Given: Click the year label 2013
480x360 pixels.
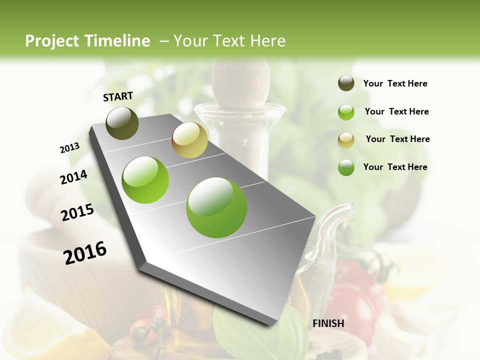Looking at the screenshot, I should pos(69,147).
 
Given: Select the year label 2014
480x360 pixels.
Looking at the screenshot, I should pos(73,177).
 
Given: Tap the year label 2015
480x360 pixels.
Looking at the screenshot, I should pos(77,212).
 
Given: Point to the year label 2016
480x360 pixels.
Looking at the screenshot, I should pos(85,252).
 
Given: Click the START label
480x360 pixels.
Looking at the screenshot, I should pos(118,96).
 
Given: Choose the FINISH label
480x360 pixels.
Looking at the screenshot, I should pos(328,323).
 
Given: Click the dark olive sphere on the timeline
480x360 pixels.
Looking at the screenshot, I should pos(122,123).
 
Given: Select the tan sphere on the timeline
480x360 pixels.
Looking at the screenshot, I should pos(189,140).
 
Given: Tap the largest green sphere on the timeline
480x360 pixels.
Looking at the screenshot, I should pos(216,207).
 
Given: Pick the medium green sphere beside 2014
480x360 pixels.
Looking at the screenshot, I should pos(145,180).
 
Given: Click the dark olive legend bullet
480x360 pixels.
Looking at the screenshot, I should pos(346,83).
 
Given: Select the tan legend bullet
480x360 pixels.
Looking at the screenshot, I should pos(346,139).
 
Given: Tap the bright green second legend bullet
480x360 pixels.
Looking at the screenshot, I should pos(346,112).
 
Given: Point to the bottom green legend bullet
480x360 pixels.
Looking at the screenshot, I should pos(346,167).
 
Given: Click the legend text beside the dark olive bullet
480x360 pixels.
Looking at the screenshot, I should pos(395,83).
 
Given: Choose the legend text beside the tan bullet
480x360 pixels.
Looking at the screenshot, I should pos(397,139).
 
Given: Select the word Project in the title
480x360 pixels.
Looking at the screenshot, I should pos(52,41).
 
